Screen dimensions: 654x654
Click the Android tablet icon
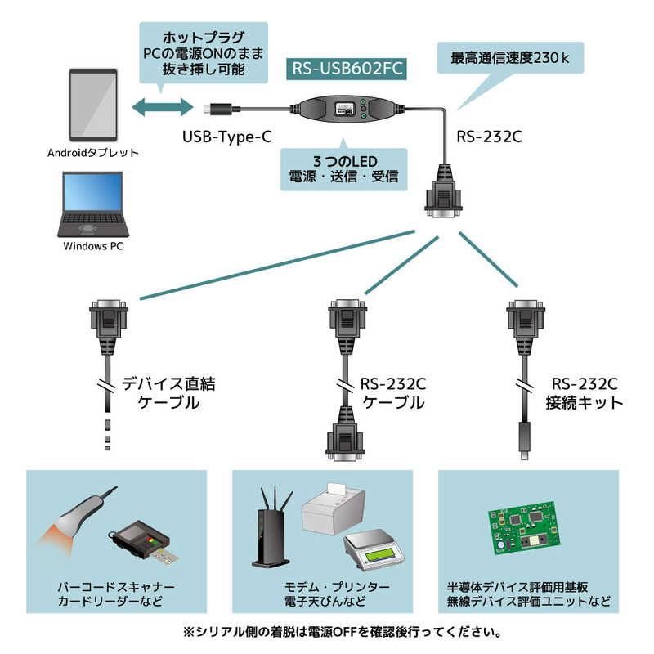click(92, 105)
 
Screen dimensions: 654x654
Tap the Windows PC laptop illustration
click(93, 204)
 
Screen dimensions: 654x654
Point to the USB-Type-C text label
click(226, 136)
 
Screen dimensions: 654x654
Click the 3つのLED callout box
click(343, 168)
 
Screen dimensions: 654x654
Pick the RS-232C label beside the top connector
click(488, 136)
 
